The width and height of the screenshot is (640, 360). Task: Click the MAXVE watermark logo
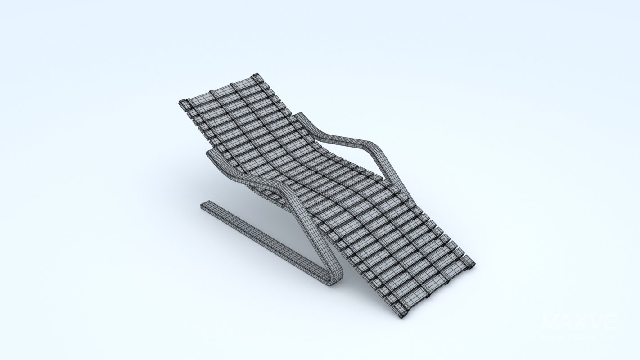pos(579,322)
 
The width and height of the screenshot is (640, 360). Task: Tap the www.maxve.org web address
pos(579,337)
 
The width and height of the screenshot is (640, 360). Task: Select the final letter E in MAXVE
pos(608,322)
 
